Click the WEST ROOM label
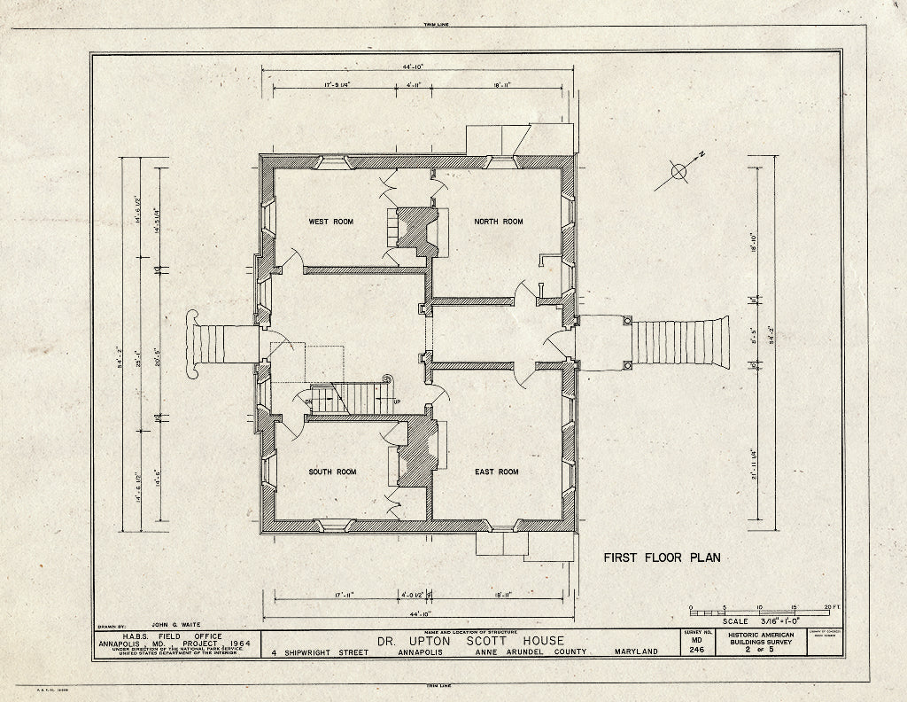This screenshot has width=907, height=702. point(330,222)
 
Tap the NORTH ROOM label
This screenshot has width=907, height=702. point(498,222)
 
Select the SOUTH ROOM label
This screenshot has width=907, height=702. point(332,472)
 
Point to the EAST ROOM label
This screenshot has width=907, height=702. point(496,472)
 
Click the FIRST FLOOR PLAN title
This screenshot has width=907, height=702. point(662,558)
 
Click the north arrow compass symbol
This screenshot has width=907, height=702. point(680,172)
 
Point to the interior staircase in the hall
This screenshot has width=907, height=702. point(345,396)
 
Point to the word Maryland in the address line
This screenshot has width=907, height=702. point(636,651)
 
